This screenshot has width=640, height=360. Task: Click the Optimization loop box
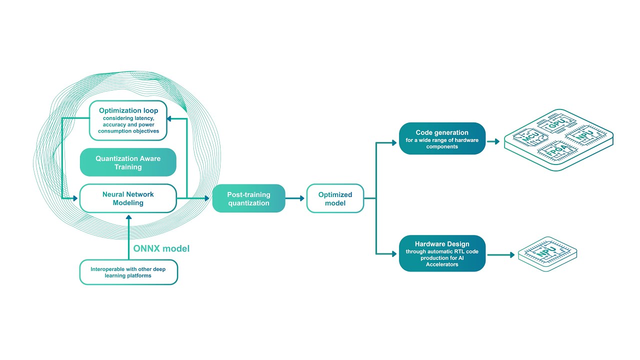click(128, 120)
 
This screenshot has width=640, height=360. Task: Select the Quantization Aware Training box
click(128, 162)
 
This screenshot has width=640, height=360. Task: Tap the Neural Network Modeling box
click(128, 198)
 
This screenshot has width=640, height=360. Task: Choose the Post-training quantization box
click(248, 198)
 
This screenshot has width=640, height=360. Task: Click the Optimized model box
click(335, 198)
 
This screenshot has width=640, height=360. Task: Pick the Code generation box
click(442, 138)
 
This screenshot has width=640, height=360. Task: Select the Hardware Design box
click(442, 253)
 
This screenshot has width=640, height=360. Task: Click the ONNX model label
click(161, 248)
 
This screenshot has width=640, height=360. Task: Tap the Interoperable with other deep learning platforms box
click(128, 272)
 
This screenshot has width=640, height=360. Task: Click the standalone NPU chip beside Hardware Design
click(546, 252)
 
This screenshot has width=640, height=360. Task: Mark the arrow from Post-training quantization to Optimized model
click(295, 198)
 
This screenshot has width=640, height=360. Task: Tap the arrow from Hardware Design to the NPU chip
click(501, 255)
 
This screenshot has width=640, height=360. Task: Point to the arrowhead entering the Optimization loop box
click(170, 118)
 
